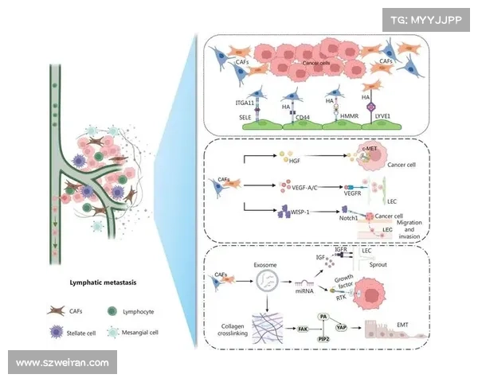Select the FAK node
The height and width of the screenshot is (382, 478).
[303, 327]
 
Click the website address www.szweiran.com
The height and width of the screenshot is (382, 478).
[62, 362]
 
